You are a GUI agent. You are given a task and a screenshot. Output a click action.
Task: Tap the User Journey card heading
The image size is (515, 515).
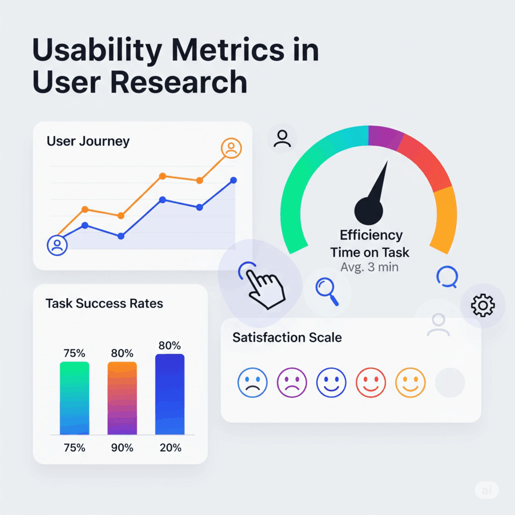pos(88,141)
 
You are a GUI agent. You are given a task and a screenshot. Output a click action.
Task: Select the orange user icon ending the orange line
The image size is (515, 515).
pos(231,148)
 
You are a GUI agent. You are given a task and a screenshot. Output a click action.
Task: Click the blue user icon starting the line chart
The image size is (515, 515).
pos(57,245)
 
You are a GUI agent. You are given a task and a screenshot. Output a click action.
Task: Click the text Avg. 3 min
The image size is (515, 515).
pos(369,267)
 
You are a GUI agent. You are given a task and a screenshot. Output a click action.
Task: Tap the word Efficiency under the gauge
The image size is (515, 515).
pos(371,235)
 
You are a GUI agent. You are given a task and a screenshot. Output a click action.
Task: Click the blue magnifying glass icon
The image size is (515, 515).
pos(326,292)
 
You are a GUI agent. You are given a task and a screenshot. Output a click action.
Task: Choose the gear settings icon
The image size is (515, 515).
pos(482,305)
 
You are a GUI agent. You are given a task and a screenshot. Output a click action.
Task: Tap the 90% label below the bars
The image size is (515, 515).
pos(122,448)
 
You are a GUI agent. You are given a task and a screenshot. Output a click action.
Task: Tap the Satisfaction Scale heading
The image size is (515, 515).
pos(287,337)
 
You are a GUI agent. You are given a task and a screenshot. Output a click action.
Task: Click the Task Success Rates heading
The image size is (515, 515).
pos(104,304)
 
